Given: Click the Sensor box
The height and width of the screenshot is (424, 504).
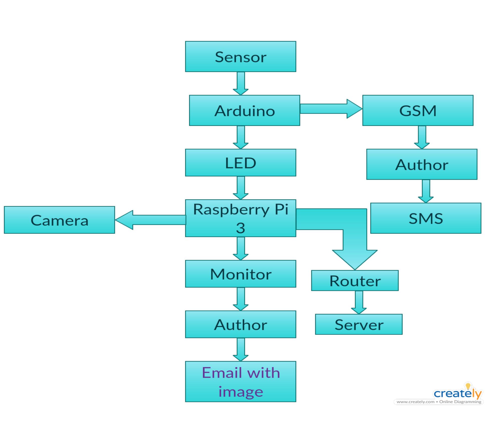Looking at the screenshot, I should (x=240, y=57).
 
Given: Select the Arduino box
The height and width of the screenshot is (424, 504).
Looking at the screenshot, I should (x=244, y=110).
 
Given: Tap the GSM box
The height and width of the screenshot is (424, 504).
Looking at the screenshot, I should (x=418, y=110).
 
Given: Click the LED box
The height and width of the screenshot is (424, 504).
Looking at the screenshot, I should (x=240, y=163).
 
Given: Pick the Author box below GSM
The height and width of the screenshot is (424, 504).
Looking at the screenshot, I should (x=422, y=164).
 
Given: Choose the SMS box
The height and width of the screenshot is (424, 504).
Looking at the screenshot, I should (x=426, y=218).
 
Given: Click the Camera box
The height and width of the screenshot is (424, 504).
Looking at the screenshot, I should (x=59, y=220).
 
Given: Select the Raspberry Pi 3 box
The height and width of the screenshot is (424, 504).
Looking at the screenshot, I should (x=240, y=218).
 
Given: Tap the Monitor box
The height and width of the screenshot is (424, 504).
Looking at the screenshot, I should (x=240, y=274).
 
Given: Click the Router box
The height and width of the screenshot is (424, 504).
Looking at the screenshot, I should (x=355, y=280).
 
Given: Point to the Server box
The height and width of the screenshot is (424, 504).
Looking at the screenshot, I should (x=359, y=324).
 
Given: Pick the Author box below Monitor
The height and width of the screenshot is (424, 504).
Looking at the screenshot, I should (x=240, y=324).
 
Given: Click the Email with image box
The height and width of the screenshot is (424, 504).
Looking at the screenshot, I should (x=240, y=381).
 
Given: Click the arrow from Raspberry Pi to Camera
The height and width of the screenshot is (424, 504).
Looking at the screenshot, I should (x=150, y=220).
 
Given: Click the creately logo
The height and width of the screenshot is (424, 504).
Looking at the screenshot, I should (x=457, y=393).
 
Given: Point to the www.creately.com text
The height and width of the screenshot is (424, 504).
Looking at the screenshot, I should (x=416, y=402).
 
